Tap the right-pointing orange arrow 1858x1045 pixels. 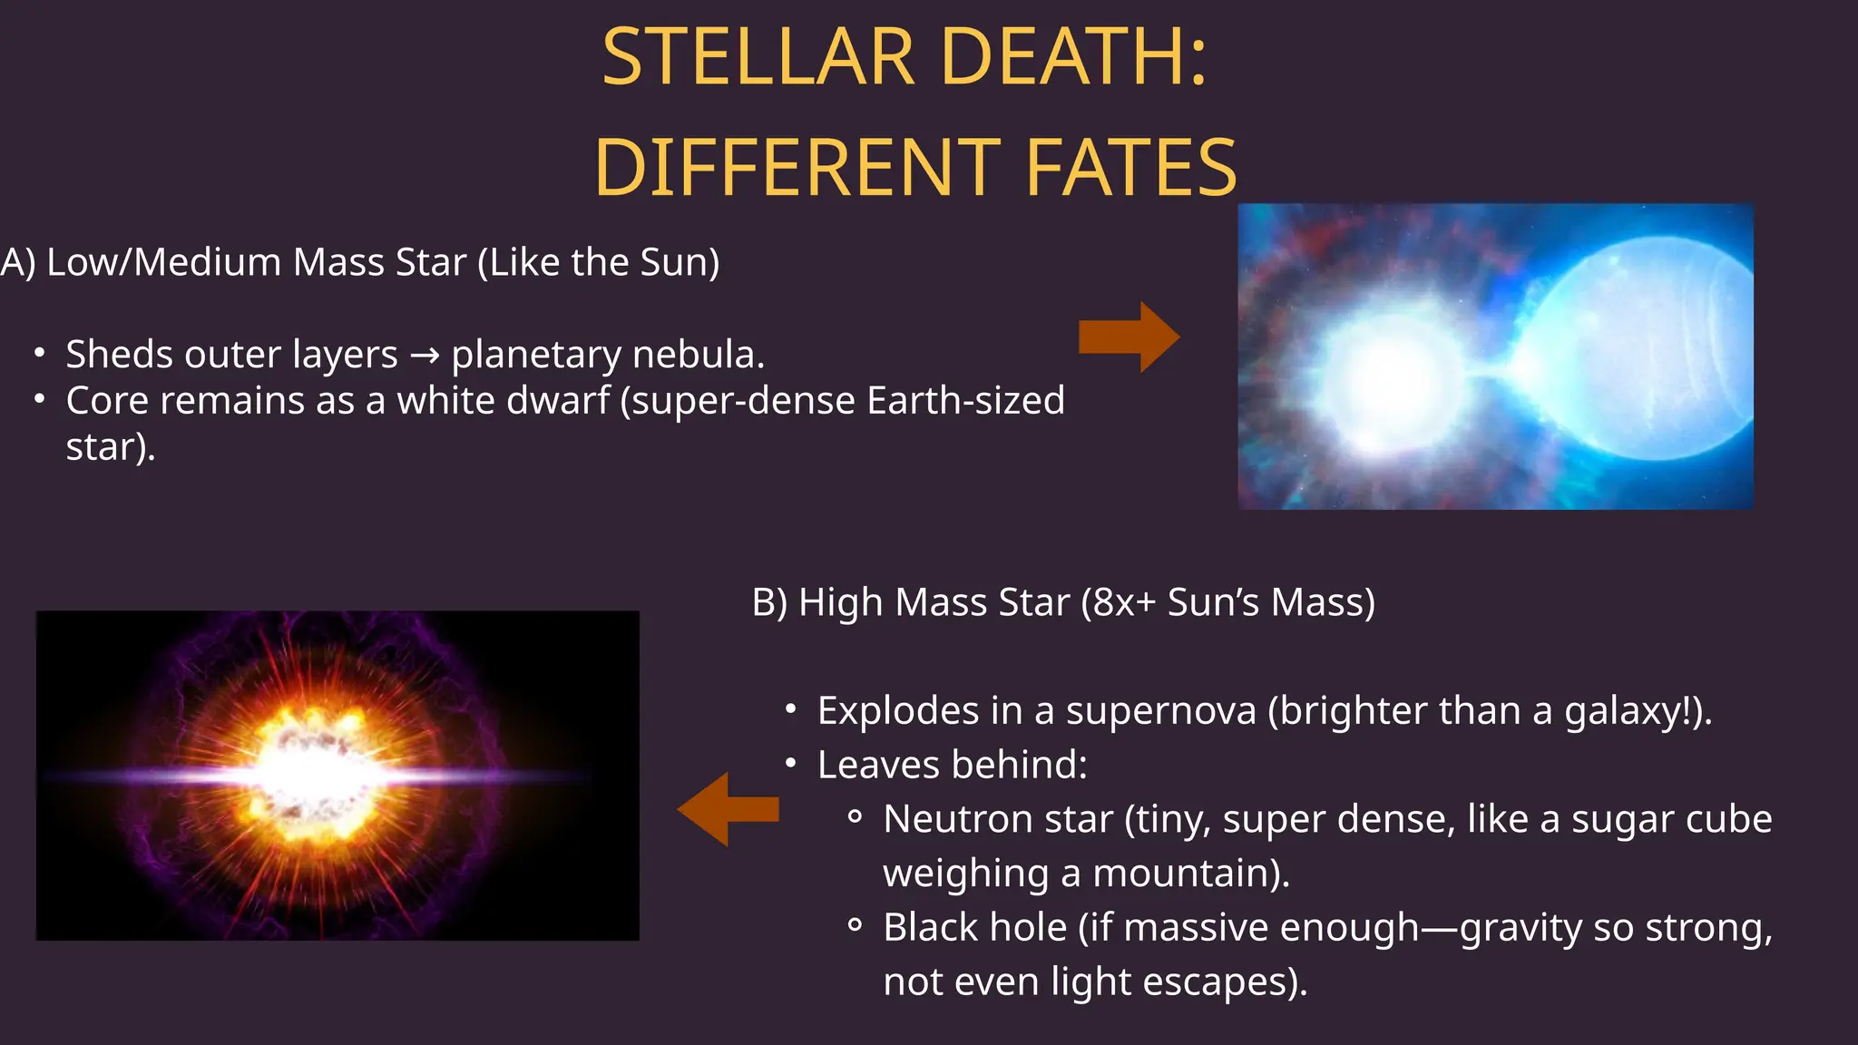[x=1129, y=337]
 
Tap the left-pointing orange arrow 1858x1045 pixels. [x=728, y=809]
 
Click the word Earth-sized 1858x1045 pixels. [x=965, y=401]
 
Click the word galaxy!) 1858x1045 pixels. [x=1638, y=710]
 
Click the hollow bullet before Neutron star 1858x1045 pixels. [x=854, y=818]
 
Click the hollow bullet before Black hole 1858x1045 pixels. [x=854, y=926]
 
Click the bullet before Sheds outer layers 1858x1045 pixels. [x=39, y=353]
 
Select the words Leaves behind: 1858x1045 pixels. [x=952, y=765]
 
